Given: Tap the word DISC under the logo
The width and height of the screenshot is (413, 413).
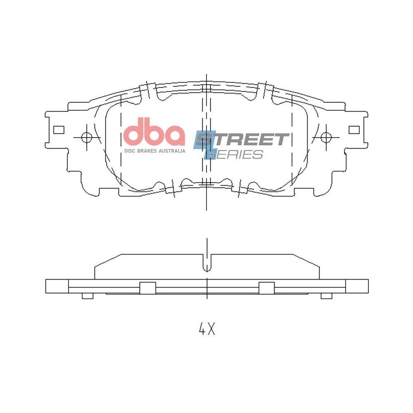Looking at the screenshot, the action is (130, 151).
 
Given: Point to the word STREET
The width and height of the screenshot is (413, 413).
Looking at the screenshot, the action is (242, 139).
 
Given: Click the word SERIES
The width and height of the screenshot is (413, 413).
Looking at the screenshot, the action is (234, 154).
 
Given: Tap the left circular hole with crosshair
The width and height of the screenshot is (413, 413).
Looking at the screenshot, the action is (86, 137).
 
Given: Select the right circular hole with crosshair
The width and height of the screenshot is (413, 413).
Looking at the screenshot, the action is (326, 137).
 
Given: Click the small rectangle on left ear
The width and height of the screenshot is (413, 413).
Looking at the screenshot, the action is (59, 130).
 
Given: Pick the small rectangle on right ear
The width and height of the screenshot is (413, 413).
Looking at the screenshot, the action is (354, 130).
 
